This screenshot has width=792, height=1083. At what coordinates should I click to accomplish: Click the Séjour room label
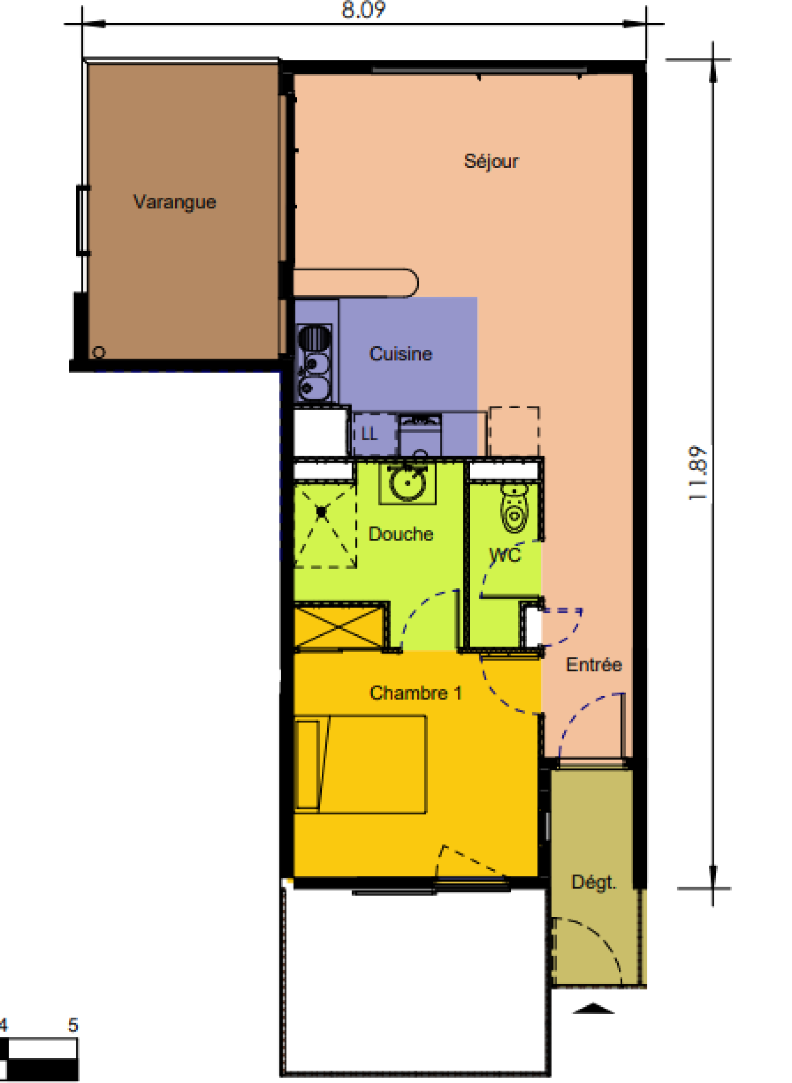click(491, 161)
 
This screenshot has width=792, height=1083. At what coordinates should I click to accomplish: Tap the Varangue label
click(175, 202)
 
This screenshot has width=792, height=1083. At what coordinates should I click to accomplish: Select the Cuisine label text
click(400, 354)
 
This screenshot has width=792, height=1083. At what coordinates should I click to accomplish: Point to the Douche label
click(401, 534)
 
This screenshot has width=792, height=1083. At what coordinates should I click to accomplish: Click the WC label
click(505, 555)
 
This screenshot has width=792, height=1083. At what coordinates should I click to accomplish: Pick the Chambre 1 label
click(416, 693)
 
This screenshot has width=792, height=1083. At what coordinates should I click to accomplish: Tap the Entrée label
click(594, 664)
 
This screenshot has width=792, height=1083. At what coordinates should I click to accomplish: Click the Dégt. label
click(594, 882)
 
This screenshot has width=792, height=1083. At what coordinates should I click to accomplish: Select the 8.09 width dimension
click(363, 9)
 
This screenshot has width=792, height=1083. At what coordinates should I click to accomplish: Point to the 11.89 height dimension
click(698, 473)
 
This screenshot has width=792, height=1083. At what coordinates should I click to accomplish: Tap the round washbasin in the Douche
click(407, 483)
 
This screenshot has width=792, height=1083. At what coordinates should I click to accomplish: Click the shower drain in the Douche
click(322, 513)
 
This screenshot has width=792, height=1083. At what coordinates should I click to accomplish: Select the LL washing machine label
click(369, 434)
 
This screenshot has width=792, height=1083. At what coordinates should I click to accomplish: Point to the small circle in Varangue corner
click(99, 352)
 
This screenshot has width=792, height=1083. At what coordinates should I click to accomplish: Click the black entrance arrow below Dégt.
click(594, 1008)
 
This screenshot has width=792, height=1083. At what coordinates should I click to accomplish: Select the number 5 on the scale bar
click(73, 1025)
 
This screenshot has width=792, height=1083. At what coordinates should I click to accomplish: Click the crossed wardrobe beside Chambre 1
click(339, 627)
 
